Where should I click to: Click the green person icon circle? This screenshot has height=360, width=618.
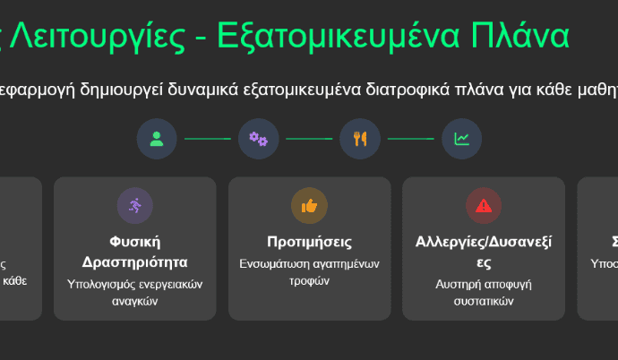(x=157, y=138)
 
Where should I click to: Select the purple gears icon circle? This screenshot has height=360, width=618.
(x=258, y=138)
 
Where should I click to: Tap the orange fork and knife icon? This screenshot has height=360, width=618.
(x=360, y=138)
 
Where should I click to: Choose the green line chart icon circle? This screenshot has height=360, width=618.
(x=461, y=138)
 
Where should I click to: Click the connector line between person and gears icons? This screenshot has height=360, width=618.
(x=208, y=139)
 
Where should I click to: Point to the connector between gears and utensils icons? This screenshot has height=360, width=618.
(x=309, y=139)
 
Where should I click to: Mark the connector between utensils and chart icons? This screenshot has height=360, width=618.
(x=410, y=139)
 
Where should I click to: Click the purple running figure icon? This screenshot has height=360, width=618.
(x=135, y=206)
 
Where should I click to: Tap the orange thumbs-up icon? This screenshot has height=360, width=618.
(x=310, y=206)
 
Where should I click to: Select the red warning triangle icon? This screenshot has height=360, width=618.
(x=484, y=206)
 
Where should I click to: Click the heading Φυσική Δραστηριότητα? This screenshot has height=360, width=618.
(x=135, y=252)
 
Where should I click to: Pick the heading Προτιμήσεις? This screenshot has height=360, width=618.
(x=310, y=242)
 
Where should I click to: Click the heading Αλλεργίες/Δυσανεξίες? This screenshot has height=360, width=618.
(x=484, y=252)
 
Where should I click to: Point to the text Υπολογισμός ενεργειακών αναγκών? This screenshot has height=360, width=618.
(x=135, y=293)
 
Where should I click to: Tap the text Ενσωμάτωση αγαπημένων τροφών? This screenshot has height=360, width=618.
(x=310, y=272)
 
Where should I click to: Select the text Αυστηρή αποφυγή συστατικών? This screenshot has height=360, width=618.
(x=484, y=293)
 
